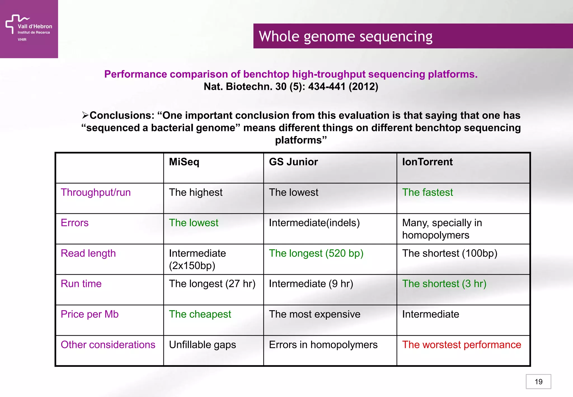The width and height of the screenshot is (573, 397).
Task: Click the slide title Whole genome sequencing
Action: (x=345, y=36)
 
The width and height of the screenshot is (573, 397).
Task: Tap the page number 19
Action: (x=538, y=382)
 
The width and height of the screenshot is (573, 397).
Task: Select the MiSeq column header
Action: (x=184, y=162)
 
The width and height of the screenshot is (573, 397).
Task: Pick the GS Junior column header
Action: (x=293, y=162)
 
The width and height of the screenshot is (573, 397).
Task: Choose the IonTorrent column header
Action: (x=427, y=162)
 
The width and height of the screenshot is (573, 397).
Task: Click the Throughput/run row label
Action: (x=96, y=192)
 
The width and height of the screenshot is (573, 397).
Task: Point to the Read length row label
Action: (x=88, y=253)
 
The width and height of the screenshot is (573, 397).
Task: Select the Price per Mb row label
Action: (x=90, y=314)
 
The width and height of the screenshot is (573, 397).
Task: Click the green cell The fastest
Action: (x=427, y=192)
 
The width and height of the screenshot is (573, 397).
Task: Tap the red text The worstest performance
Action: (x=461, y=345)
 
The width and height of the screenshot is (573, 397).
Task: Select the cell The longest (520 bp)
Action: (x=316, y=253)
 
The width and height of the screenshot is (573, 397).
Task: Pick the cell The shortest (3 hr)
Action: (x=444, y=284)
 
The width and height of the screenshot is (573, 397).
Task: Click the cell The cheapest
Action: (x=200, y=314)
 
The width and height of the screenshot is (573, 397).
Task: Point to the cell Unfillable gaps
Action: (x=202, y=345)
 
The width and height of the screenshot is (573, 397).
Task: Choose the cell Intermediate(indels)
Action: (x=314, y=223)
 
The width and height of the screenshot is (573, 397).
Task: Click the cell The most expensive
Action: (x=314, y=314)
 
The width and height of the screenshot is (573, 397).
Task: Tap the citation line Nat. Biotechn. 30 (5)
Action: (x=291, y=87)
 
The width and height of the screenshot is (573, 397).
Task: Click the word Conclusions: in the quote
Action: (x=122, y=115)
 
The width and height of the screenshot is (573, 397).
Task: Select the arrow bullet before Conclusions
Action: (x=85, y=115)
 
